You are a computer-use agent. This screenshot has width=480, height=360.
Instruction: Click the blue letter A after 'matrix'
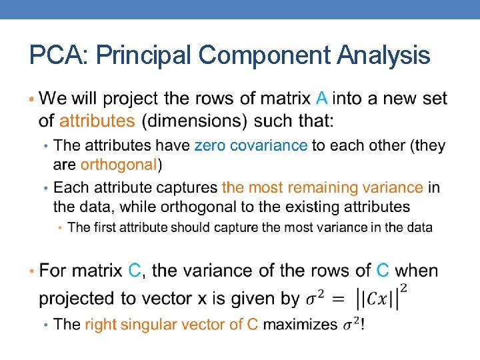pos(321,99)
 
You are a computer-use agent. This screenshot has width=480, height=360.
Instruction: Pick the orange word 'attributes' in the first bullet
pos(97,121)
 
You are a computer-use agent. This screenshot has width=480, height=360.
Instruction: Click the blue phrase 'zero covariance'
pos(251,145)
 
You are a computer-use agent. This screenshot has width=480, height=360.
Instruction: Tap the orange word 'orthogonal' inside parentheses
pos(119,164)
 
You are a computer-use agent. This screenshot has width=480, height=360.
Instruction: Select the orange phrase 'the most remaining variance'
pos(323,188)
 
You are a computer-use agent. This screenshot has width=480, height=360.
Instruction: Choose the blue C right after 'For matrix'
pos(135,271)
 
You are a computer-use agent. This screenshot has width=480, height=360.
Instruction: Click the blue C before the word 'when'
pos(383,271)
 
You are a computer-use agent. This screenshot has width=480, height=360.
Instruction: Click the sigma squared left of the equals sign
pos(317,299)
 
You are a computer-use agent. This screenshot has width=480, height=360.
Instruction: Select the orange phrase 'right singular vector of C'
pos(171,325)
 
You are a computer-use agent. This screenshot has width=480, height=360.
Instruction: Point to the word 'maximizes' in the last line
pos(301,325)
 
